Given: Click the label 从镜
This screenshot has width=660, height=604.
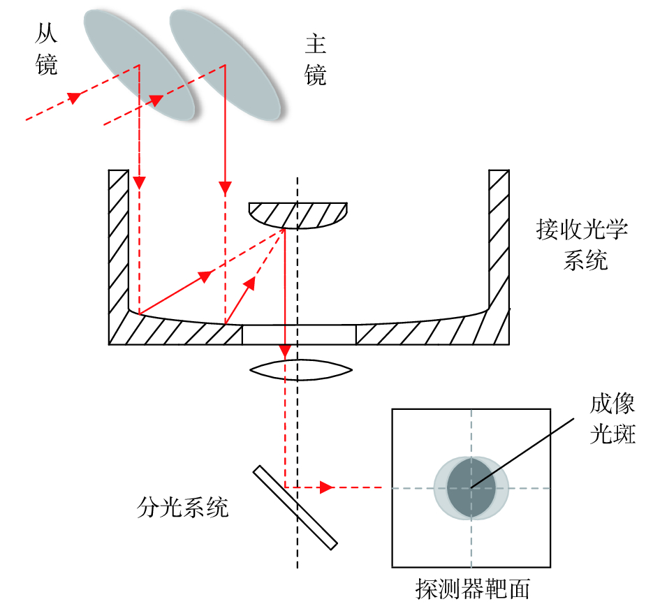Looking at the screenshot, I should pyautogui.click(x=46, y=48).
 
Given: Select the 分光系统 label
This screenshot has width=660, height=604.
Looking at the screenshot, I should pyautogui.click(x=183, y=508).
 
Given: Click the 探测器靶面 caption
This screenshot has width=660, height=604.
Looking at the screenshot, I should pyautogui.click(x=472, y=589).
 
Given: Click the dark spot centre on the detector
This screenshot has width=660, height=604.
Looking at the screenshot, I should pyautogui.click(x=471, y=487).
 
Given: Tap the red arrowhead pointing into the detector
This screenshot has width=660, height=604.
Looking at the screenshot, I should pyautogui.click(x=325, y=487).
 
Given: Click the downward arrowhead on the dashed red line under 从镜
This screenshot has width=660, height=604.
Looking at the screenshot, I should pyautogui.click(x=140, y=183).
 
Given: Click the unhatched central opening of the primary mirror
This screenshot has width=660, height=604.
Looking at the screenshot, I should pyautogui.click(x=299, y=334).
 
